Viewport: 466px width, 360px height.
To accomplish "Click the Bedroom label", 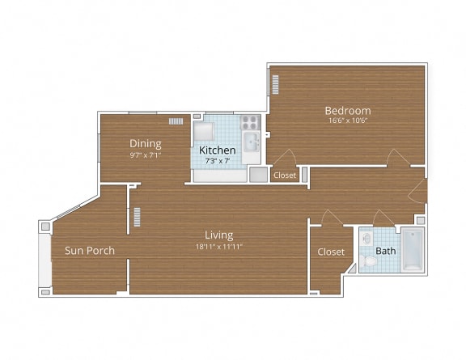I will point(347,111).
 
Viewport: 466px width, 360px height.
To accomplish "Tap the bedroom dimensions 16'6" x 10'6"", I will point(347,121).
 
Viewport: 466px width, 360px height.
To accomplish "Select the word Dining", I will point(146,144).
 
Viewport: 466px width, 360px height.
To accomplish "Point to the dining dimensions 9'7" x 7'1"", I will point(146,155).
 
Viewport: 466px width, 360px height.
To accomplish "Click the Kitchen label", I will point(218,150).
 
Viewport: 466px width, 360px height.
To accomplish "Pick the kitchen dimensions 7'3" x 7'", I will point(218,160).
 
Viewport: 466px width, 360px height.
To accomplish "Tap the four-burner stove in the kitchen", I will point(250,124).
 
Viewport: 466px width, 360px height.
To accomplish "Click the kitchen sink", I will point(251,144).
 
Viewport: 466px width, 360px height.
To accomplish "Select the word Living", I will point(218,235).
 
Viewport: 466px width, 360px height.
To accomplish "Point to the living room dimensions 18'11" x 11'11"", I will point(218,246).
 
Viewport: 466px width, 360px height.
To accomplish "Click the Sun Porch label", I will point(89,251).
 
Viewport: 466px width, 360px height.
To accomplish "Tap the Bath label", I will point(386,251).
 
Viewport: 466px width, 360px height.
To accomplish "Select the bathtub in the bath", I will point(412,250).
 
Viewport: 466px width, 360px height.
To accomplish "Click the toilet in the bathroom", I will point(371,260).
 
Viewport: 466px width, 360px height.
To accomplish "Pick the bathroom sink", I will point(366,239).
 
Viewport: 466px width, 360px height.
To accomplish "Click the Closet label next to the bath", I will point(331,252).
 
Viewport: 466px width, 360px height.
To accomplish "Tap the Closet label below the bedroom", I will point(285,175).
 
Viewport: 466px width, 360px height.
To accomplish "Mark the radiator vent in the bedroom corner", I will point(275,85).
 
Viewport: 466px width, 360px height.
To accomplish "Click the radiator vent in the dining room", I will point(176,122).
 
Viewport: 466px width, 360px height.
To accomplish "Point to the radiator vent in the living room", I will point(137,218).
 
